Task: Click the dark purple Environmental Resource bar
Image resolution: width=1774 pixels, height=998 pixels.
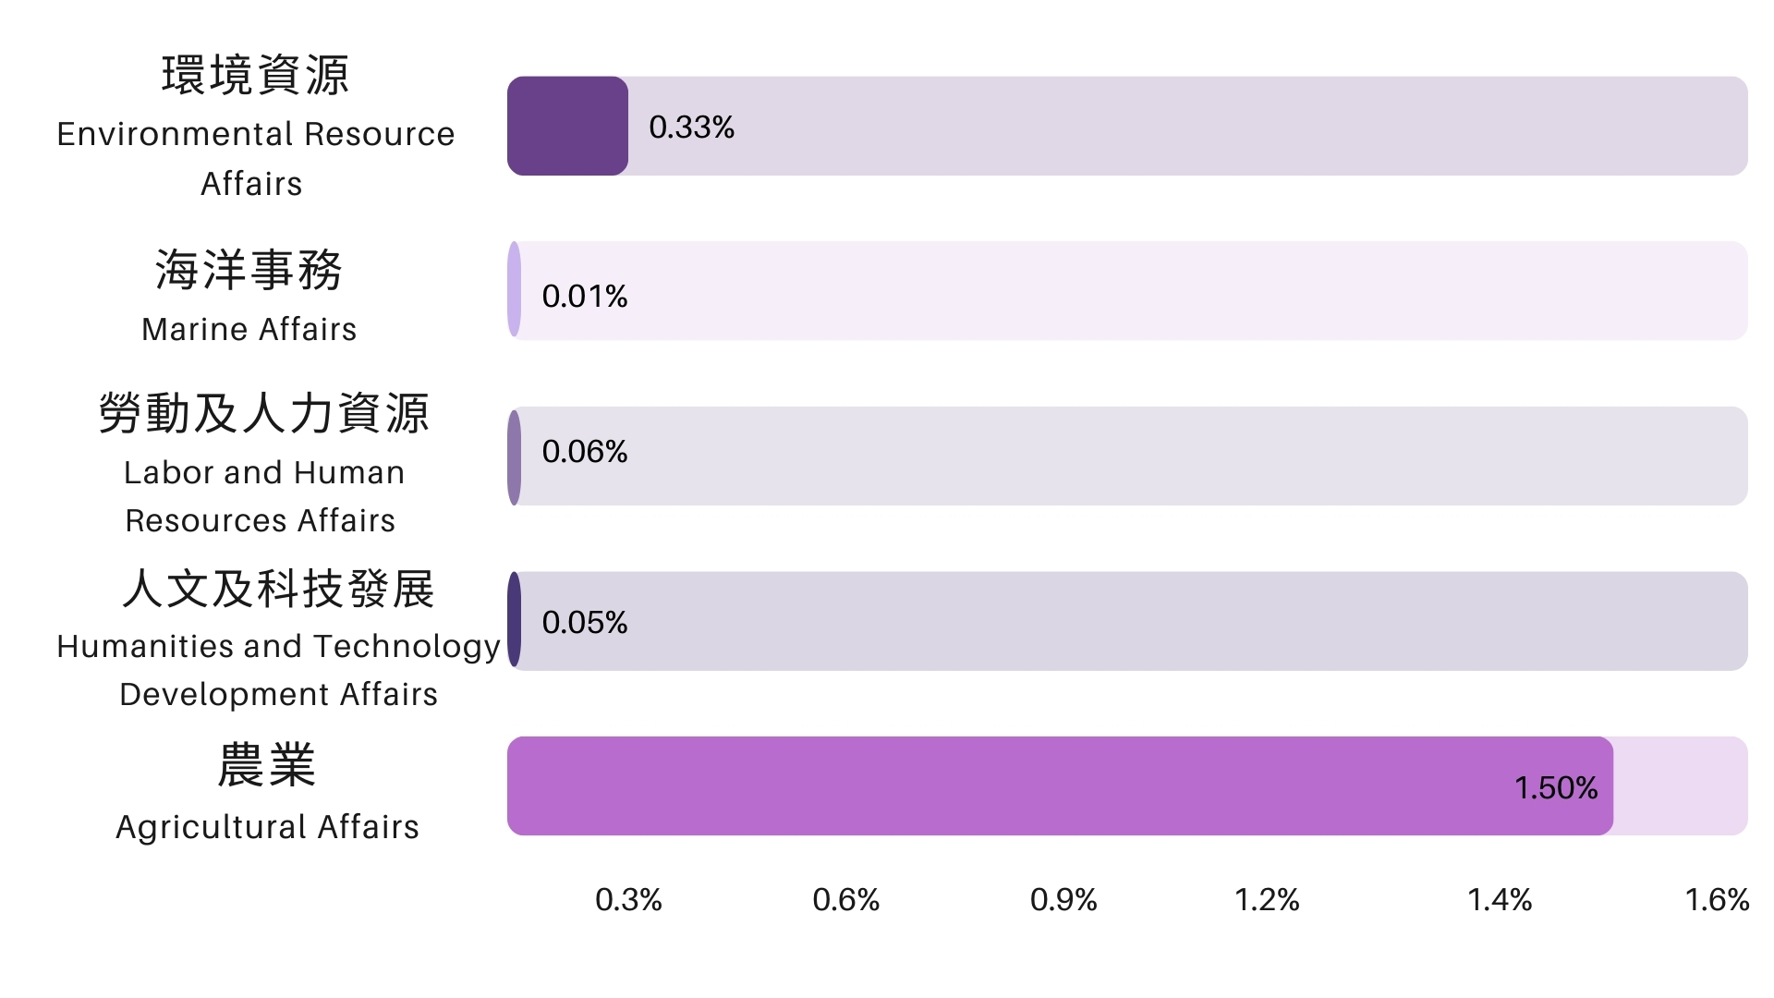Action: (x=567, y=126)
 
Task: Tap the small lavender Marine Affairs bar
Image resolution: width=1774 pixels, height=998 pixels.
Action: (x=515, y=290)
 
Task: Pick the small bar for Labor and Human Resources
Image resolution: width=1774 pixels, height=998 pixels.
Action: (x=515, y=456)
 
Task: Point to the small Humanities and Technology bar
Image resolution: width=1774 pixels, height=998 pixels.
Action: (x=515, y=620)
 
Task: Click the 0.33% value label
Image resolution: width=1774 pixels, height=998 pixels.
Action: (x=691, y=128)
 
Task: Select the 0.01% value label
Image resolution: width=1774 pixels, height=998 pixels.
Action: (x=584, y=297)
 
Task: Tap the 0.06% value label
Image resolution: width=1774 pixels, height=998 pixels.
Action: (x=584, y=452)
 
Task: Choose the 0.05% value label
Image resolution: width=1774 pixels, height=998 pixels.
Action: (x=584, y=623)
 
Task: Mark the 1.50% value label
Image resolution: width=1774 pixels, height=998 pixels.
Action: (x=1556, y=788)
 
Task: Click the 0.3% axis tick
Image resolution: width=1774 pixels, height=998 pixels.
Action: (x=628, y=900)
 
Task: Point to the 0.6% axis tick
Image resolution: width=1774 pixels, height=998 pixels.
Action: (x=845, y=900)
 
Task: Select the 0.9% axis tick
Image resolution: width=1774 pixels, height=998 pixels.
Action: (x=1063, y=900)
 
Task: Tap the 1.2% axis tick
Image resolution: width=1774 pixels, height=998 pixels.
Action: (x=1267, y=900)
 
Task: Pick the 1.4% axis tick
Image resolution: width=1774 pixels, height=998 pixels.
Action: (x=1500, y=900)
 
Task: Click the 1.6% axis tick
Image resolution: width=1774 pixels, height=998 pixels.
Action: (x=1717, y=900)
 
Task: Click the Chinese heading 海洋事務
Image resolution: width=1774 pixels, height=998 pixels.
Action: (x=249, y=271)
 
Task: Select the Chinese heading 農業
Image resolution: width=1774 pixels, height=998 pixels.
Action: (x=267, y=766)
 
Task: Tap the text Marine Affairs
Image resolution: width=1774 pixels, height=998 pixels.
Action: (x=249, y=330)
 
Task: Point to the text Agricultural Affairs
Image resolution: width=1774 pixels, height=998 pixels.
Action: (x=267, y=827)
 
